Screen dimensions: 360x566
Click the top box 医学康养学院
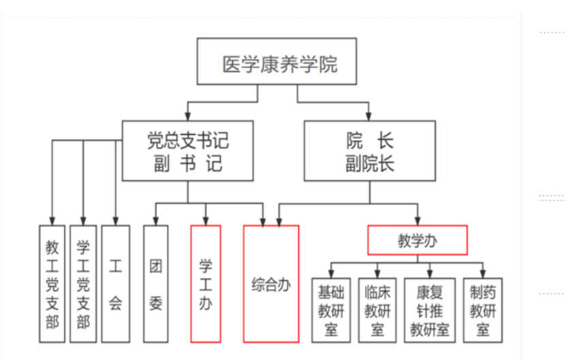279,62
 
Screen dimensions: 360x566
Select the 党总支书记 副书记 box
187,150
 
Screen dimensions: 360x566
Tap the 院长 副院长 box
370,150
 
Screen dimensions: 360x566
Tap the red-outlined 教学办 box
417,240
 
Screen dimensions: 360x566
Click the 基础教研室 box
331,310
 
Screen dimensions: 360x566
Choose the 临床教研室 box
377,310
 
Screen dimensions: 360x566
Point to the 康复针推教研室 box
430,310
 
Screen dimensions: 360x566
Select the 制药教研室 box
483,310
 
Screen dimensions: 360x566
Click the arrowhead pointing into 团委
156,220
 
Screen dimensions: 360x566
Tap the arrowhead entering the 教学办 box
418,221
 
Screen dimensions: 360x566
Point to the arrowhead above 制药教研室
483,273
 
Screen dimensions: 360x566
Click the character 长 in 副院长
387,163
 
